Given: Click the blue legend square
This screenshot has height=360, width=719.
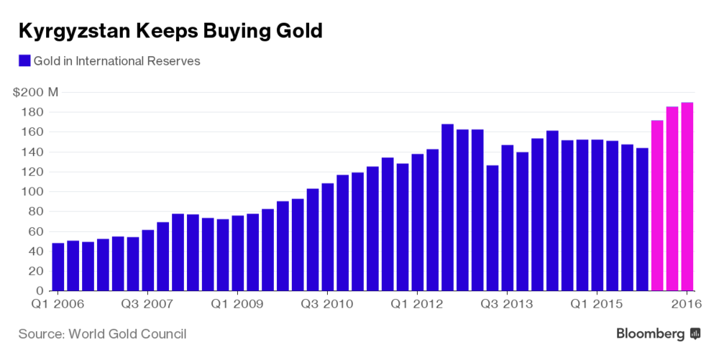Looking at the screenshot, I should point(24,61).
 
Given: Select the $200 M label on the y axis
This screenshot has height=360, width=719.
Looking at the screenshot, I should point(35,92).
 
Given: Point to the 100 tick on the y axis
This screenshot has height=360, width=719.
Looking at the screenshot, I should point(35,192).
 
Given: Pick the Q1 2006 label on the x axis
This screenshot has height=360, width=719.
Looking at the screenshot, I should point(58,304).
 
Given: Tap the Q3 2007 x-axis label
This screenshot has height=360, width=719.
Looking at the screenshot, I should point(147,304).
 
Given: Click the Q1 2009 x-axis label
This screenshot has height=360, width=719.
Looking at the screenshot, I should point(237,304).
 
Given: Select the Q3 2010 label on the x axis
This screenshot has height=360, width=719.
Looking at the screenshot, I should point(327,304).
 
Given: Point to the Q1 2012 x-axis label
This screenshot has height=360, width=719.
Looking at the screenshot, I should point(417,304).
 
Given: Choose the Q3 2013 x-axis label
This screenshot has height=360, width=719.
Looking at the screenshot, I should point(507,304).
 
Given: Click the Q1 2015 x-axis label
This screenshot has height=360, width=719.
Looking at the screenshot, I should point(597,304).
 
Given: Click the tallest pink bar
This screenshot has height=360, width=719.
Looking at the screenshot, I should point(687,198).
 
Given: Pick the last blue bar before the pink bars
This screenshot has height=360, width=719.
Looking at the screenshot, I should point(642,220).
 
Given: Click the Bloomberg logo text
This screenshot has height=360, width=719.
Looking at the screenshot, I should point(650,333).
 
